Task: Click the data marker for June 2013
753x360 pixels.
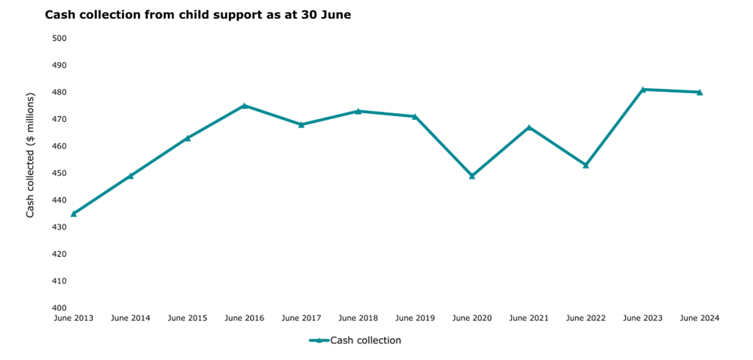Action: (x=73, y=213)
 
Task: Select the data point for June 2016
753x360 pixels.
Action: (x=244, y=105)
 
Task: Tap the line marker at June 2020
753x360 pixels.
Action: (x=472, y=175)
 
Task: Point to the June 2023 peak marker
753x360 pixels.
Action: (x=643, y=90)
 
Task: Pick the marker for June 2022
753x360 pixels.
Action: (x=586, y=165)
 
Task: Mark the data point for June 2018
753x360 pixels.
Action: (x=358, y=111)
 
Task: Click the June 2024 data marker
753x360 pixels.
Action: (x=700, y=92)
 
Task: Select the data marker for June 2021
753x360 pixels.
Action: (x=529, y=127)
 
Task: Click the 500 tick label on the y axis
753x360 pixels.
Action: (x=59, y=38)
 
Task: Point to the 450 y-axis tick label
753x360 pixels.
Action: (x=59, y=173)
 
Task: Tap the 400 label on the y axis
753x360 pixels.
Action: (x=59, y=308)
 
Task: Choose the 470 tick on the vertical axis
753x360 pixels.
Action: (x=59, y=119)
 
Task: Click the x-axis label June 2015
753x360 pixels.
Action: (x=187, y=319)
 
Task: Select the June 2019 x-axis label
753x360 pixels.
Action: (x=415, y=319)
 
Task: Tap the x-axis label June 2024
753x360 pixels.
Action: (x=700, y=319)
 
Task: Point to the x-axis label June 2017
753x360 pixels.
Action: (x=301, y=319)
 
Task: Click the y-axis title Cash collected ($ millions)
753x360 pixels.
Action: (x=31, y=157)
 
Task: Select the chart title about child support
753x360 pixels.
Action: (x=198, y=14)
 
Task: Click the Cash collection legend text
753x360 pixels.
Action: (x=365, y=340)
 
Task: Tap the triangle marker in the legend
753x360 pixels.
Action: (x=319, y=340)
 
